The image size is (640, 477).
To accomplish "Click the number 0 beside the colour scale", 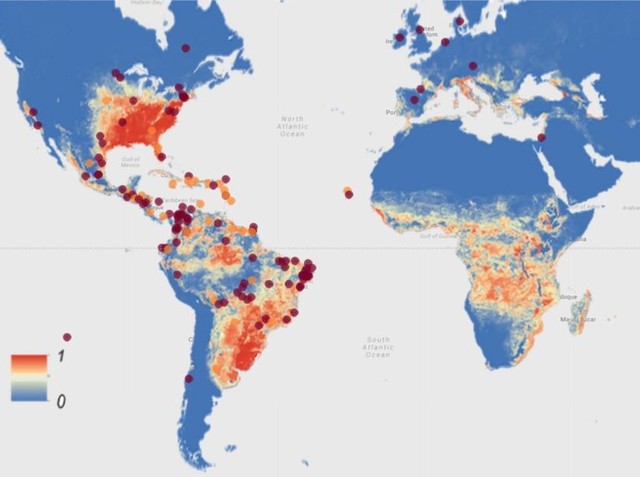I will [x=61, y=400].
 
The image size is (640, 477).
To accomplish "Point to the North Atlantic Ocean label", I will [x=292, y=126].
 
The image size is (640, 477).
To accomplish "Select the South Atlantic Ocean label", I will [x=378, y=347].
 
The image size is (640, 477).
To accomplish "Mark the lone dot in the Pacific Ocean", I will [x=67, y=337].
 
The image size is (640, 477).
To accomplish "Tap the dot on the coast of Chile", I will [x=189, y=378].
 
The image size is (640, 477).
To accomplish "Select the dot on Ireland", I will [x=399, y=38].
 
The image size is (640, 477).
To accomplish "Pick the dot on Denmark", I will [x=459, y=21].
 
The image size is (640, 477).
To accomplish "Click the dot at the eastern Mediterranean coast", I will [x=541, y=137].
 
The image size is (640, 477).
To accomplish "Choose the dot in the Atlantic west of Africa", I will [x=348, y=192].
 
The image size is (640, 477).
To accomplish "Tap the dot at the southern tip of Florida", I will [x=161, y=156].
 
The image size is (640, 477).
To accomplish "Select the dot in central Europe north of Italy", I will [x=471, y=67].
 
